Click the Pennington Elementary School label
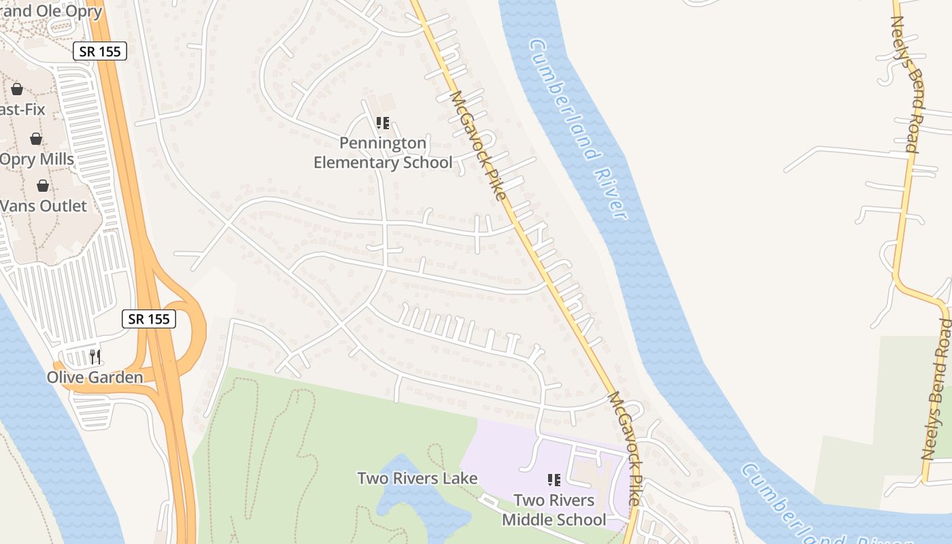click(x=383, y=153)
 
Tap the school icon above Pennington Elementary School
click(x=383, y=123)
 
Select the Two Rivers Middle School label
click(x=554, y=510)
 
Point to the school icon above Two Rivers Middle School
click(x=554, y=480)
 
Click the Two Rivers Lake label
click(x=418, y=478)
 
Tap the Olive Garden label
click(x=95, y=377)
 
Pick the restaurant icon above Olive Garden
click(x=95, y=356)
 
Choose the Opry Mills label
click(x=37, y=159)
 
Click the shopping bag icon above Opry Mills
click(x=36, y=139)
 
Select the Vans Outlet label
click(x=44, y=206)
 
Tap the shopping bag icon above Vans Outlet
click(x=43, y=186)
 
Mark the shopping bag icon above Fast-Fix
click(x=17, y=89)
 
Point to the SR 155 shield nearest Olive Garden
click(x=149, y=318)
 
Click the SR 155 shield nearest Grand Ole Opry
click(x=99, y=51)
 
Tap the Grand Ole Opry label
click(x=51, y=12)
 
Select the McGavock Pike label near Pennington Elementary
click(x=477, y=146)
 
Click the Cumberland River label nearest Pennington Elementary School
click(x=577, y=129)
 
